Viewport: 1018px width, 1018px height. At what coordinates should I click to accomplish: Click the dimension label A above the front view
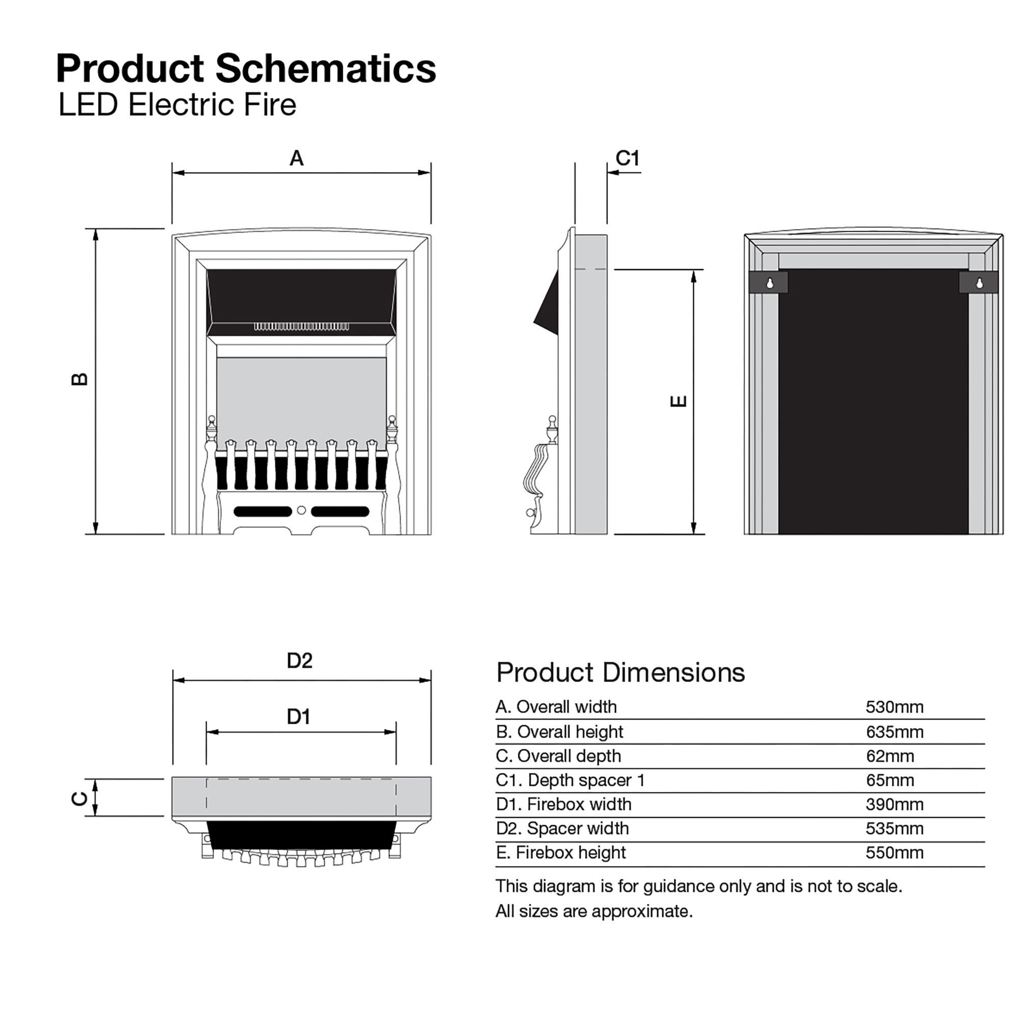click(x=297, y=158)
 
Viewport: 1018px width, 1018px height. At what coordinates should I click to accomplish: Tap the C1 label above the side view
click(x=628, y=158)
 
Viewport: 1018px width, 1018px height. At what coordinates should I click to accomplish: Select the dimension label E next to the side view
click(x=678, y=402)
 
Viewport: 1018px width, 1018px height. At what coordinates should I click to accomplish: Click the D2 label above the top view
click(x=299, y=661)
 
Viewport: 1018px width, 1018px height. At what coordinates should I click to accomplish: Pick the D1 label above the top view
click(x=298, y=717)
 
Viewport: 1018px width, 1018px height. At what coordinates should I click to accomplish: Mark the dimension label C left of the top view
click(x=79, y=799)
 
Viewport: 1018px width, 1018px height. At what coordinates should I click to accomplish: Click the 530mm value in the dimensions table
click(x=894, y=707)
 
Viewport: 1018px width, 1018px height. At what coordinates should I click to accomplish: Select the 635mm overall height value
click(x=894, y=732)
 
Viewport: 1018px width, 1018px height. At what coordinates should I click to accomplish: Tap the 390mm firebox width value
click(x=894, y=805)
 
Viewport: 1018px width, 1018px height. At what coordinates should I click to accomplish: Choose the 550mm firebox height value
click(x=894, y=853)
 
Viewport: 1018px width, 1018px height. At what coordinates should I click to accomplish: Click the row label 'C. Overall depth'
click(x=558, y=756)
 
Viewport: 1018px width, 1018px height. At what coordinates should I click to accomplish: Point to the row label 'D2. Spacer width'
click(x=562, y=828)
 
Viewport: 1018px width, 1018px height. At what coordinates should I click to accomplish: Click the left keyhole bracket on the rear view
click(x=769, y=282)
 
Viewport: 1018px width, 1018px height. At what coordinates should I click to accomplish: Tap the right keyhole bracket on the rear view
click(x=978, y=282)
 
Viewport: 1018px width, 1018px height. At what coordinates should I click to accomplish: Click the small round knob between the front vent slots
click(x=301, y=511)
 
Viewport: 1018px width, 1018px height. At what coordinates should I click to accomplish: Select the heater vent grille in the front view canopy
click(x=301, y=327)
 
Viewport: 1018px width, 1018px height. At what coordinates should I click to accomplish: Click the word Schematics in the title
click(x=326, y=69)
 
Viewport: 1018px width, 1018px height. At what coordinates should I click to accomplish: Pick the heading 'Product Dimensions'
click(x=620, y=673)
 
